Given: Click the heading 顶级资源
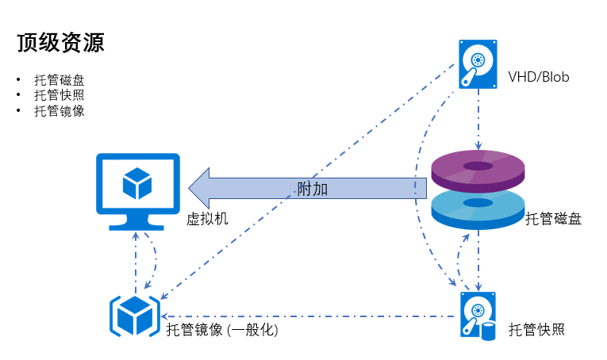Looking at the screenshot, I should pyautogui.click(x=60, y=43).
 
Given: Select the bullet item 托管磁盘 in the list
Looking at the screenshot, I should pyautogui.click(x=59, y=80).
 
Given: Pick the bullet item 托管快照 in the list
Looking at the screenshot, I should pyautogui.click(x=59, y=95).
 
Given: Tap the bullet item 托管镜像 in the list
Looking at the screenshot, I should pyautogui.click(x=59, y=111).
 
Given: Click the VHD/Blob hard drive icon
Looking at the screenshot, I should pyautogui.click(x=478, y=64).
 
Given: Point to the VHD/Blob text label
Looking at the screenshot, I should pyautogui.click(x=539, y=77).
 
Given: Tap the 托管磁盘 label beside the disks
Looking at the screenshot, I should pyautogui.click(x=553, y=220).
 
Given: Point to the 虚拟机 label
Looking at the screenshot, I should pyautogui.click(x=207, y=219).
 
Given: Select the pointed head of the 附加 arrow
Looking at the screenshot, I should pyautogui.click(x=198, y=188).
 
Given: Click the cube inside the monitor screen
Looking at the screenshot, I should pyautogui.click(x=137, y=183).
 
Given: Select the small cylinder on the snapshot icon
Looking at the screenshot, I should pyautogui.click(x=488, y=330).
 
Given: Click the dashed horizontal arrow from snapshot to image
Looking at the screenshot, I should pyautogui.click(x=309, y=316).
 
